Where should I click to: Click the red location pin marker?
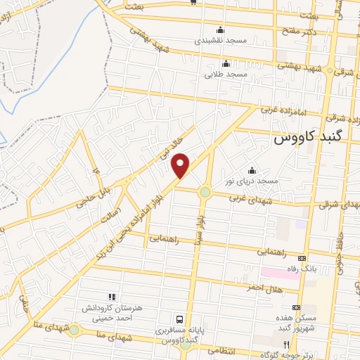tap(181, 166)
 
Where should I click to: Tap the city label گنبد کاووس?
tap(306, 139)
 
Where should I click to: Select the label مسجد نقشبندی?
tap(221, 41)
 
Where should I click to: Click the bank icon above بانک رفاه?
tap(303, 257)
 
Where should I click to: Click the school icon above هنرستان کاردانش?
tap(110, 297)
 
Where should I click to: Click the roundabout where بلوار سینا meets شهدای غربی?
tap(205, 192)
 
